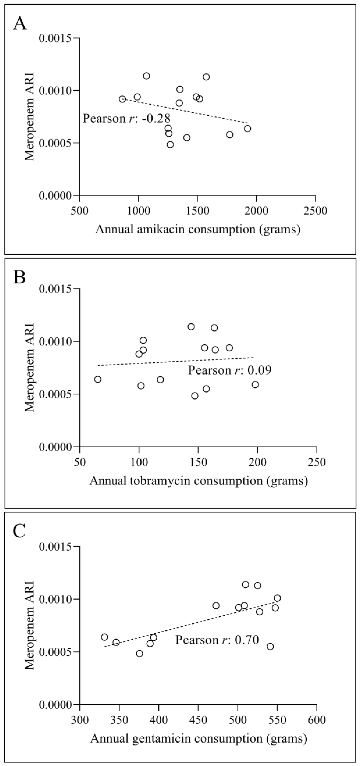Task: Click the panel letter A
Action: pos(20,23)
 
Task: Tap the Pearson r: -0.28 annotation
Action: pos(126,118)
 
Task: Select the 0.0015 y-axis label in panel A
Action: pos(55,38)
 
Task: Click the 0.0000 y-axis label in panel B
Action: pos(55,447)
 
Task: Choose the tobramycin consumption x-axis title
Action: pos(198,481)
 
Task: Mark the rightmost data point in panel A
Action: pos(247,129)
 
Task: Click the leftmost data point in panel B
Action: pos(98,379)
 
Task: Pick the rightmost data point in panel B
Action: pos(255,384)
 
